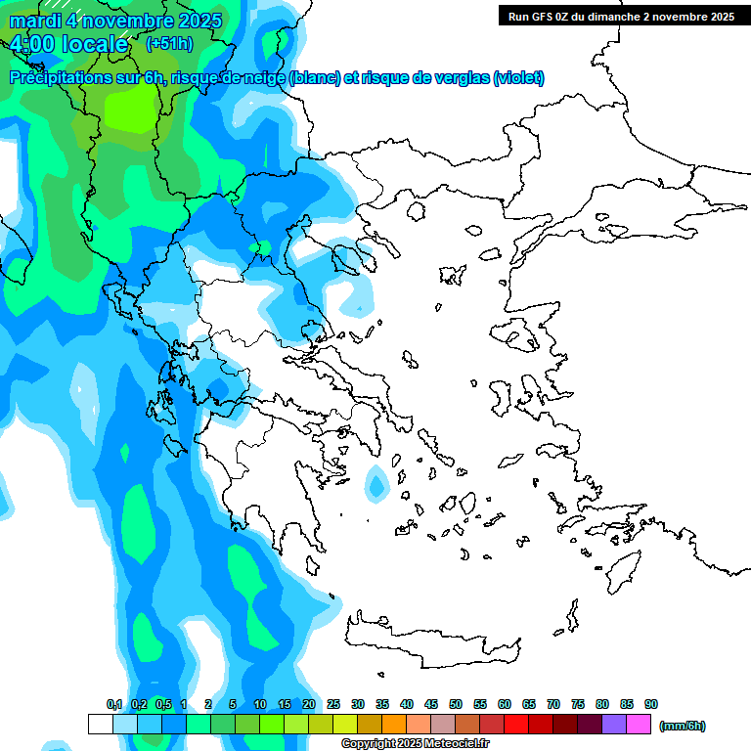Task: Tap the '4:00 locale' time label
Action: point(68,44)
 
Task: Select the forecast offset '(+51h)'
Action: point(169,44)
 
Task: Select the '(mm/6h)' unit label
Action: point(683,726)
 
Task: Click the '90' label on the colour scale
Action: point(651,704)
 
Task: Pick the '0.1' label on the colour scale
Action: point(114,704)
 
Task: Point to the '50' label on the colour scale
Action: point(456,704)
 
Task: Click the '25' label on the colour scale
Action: point(333,704)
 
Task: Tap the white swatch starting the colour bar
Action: point(101,725)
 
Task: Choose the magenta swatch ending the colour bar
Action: point(639,725)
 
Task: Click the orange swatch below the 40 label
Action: point(394,725)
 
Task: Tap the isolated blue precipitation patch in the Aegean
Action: point(375,484)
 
